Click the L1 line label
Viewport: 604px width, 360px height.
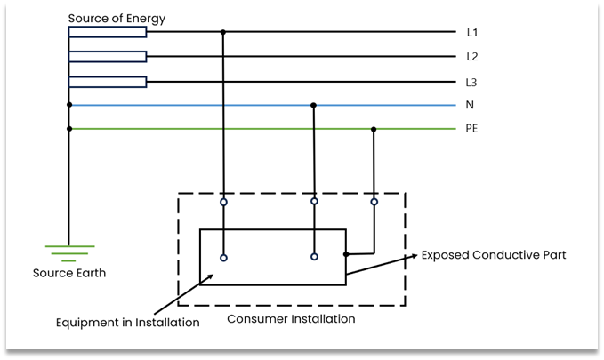pyautogui.click(x=473, y=33)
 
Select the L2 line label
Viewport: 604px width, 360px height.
pyautogui.click(x=473, y=57)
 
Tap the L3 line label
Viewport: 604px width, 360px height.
pyautogui.click(x=473, y=82)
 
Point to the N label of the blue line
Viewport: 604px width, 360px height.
pyautogui.click(x=470, y=105)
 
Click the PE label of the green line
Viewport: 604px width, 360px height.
pyautogui.click(x=473, y=129)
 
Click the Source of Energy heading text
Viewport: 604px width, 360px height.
pyautogui.click(x=117, y=19)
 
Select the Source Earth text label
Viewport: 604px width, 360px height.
pyautogui.click(x=69, y=273)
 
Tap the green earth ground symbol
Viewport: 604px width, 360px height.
pyautogui.click(x=69, y=252)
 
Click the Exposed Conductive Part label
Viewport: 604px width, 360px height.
pyautogui.click(x=494, y=255)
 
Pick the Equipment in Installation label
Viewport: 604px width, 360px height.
pyautogui.click(x=127, y=322)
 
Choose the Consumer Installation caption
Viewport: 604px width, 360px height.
pyautogui.click(x=291, y=318)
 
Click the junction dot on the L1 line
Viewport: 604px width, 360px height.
pyautogui.click(x=223, y=33)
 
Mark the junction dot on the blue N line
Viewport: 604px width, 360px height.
pyautogui.click(x=313, y=105)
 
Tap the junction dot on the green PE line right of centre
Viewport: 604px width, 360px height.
pyautogui.click(x=374, y=129)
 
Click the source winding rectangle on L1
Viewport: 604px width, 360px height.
pyautogui.click(x=108, y=33)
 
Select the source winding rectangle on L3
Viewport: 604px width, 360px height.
pyautogui.click(x=108, y=82)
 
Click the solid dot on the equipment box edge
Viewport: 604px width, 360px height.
pyautogui.click(x=346, y=254)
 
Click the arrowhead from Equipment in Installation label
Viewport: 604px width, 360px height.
pyautogui.click(x=212, y=276)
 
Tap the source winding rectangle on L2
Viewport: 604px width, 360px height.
pyautogui.click(x=108, y=57)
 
